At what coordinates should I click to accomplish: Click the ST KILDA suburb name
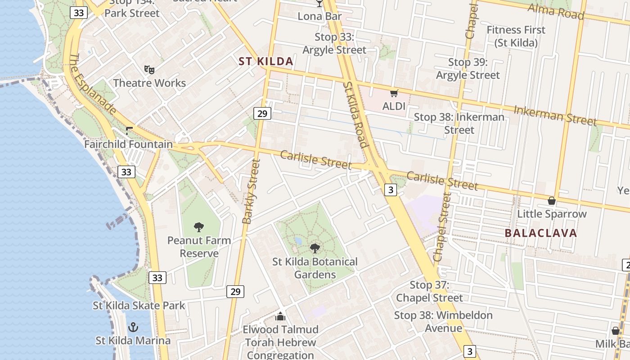pyautogui.click(x=265, y=62)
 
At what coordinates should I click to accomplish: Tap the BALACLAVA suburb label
pyautogui.click(x=540, y=233)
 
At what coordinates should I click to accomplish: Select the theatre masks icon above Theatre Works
pyautogui.click(x=149, y=69)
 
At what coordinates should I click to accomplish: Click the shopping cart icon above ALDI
pyautogui.click(x=394, y=93)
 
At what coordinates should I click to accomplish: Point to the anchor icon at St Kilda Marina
pyautogui.click(x=133, y=327)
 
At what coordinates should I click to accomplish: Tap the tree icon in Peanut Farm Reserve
pyautogui.click(x=199, y=227)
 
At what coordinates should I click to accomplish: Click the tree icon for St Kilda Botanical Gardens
pyautogui.click(x=315, y=248)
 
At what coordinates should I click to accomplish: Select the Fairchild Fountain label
pyautogui.click(x=128, y=144)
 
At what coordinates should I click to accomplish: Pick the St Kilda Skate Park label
pyautogui.click(x=139, y=306)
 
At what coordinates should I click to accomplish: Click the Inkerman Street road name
pyautogui.click(x=555, y=116)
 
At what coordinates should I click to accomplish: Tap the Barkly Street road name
pyautogui.click(x=251, y=191)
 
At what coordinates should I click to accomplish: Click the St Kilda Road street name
pyautogui.click(x=355, y=114)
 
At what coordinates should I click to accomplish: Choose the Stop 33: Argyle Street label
pyautogui.click(x=334, y=43)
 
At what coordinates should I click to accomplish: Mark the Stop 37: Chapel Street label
pyautogui.click(x=429, y=291)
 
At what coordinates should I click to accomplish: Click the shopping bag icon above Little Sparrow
pyautogui.click(x=552, y=201)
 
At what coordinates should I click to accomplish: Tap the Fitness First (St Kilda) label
pyautogui.click(x=516, y=36)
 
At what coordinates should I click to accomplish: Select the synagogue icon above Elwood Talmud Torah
pyautogui.click(x=280, y=317)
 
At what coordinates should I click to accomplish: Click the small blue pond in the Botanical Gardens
pyautogui.click(x=298, y=241)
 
